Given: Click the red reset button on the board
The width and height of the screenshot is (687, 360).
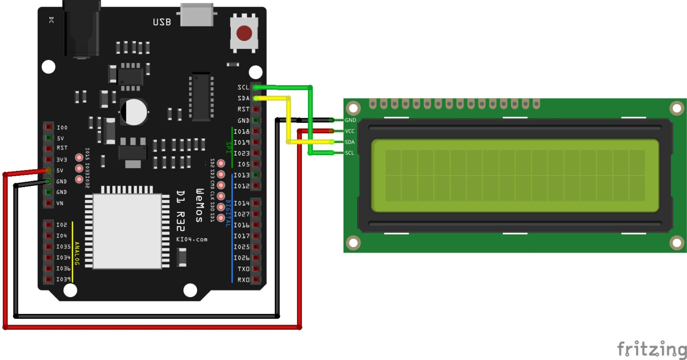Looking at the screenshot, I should [244, 32].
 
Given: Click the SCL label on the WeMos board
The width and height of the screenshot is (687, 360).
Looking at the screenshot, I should [244, 87].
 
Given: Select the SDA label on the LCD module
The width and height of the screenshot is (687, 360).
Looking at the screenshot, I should [350, 142].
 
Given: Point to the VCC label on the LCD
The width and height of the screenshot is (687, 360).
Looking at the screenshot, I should [350, 131].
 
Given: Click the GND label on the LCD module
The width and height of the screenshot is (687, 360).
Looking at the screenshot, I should [350, 120].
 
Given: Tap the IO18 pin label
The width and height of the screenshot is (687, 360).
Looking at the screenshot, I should [242, 131].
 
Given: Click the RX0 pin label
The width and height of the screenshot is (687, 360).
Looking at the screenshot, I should [243, 280].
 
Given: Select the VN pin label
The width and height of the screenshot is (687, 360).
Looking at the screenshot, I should [60, 203].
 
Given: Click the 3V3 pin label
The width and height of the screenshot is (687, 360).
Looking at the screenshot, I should [62, 159].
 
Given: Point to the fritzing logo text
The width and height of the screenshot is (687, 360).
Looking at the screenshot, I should [651, 348].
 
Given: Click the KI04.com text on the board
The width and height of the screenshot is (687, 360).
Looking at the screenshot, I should [192, 239].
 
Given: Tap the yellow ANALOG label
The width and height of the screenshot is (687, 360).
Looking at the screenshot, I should [76, 254].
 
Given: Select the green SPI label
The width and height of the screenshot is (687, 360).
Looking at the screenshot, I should [229, 146].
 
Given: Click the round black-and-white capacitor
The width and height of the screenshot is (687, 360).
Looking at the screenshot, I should [133, 112].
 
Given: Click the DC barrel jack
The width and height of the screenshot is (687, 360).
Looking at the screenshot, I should [82, 29].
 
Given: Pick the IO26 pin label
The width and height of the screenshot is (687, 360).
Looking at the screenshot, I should [242, 258].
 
